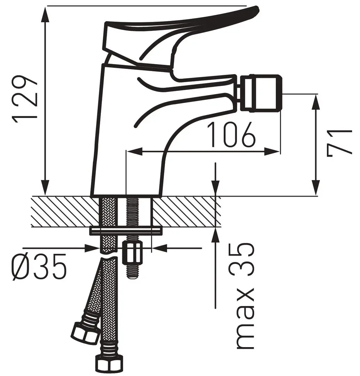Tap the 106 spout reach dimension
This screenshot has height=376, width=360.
[x=231, y=134]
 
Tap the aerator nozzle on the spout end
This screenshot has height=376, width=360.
[x=262, y=93]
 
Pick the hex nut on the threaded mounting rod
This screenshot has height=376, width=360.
[x=133, y=252]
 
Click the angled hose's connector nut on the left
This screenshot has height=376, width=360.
[x=85, y=332]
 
